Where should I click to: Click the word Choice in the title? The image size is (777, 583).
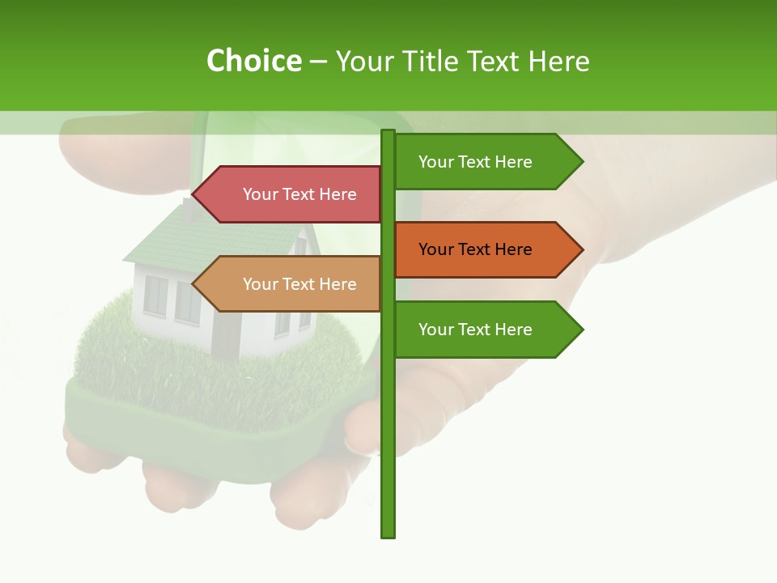[253, 61]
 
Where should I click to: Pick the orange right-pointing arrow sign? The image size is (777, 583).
[486, 249]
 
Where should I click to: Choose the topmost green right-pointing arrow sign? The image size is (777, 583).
[486, 162]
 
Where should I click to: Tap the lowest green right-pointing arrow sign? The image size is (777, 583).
[486, 330]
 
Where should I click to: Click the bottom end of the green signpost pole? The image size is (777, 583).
[388, 534]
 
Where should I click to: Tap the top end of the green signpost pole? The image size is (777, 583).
[388, 132]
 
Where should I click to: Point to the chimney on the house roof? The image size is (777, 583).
[188, 209]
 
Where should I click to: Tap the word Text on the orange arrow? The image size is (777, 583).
[475, 249]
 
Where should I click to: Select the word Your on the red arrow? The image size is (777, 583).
[260, 194]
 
